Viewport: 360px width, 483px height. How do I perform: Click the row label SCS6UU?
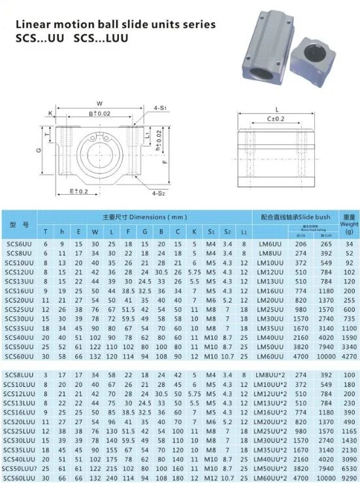pyautogui.click(x=18, y=243)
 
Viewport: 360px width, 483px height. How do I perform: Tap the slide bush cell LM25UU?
pyautogui.click(x=270, y=309)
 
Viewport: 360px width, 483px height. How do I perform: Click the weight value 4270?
pyautogui.click(x=349, y=356)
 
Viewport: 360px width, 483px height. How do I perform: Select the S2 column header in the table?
pyautogui.click(x=227, y=231)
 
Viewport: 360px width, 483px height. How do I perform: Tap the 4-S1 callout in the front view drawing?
pyautogui.click(x=160, y=107)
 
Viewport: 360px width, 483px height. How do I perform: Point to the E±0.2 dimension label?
pyautogui.click(x=79, y=191)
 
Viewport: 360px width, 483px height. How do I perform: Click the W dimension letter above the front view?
pyautogui.click(x=99, y=103)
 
